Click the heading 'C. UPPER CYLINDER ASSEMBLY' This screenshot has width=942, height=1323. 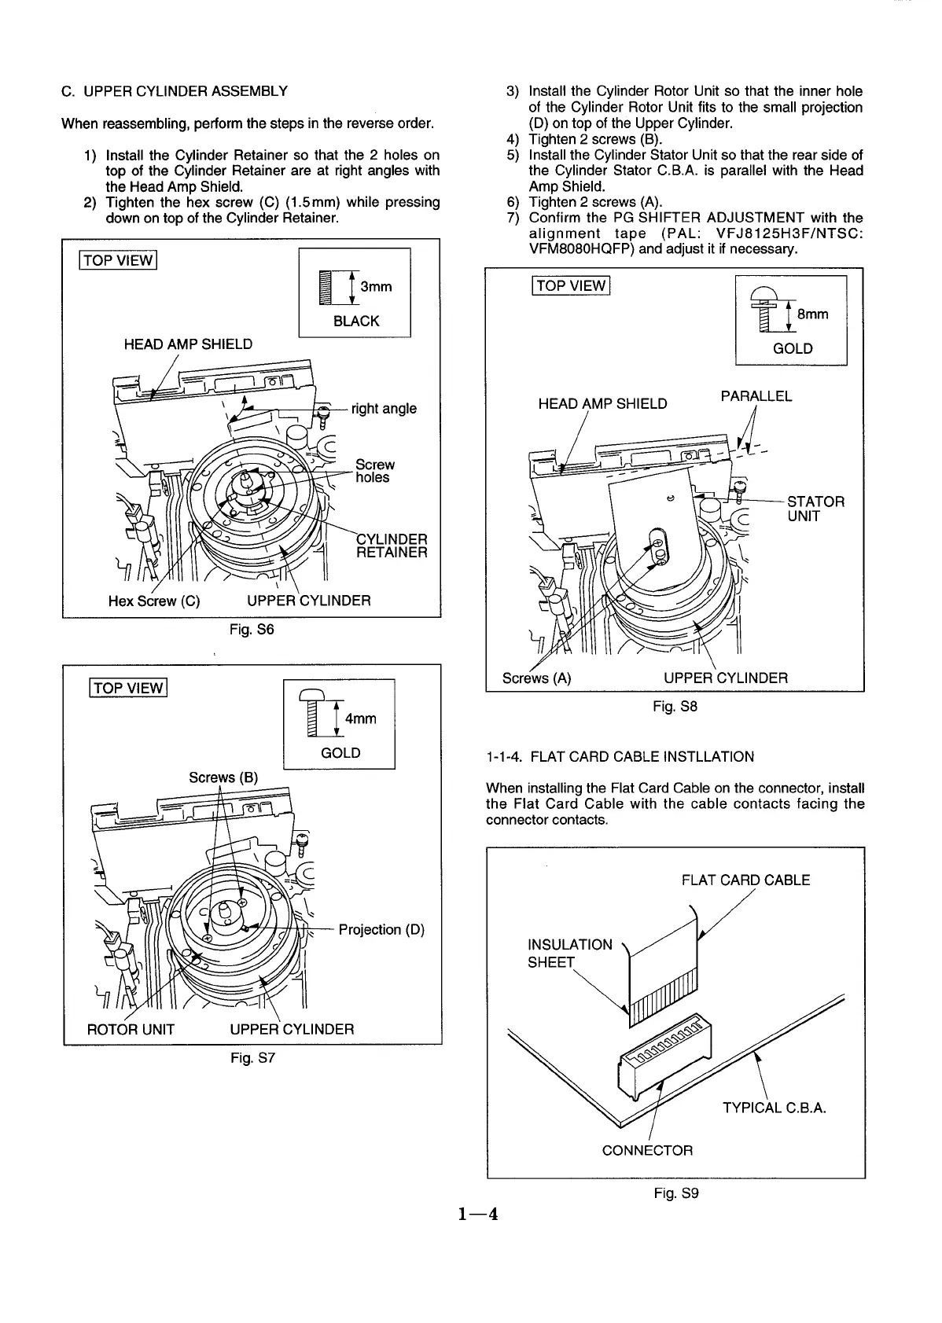point(175,90)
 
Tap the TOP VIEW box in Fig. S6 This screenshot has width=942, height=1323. point(118,260)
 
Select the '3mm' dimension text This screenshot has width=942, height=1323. point(376,286)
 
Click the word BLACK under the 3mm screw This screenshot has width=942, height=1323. point(356,321)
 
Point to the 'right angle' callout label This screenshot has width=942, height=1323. point(384,408)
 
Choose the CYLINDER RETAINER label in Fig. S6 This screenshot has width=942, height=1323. point(392,546)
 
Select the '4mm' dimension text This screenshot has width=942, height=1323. point(360,718)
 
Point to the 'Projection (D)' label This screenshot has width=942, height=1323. point(381,929)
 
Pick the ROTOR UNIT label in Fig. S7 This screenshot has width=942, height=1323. point(131,1028)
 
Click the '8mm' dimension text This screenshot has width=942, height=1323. point(812,314)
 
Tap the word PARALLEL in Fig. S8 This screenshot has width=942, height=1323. point(756,396)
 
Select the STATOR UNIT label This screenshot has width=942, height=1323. point(815,509)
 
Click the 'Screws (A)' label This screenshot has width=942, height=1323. point(536,678)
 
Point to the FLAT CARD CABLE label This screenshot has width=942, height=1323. point(745,880)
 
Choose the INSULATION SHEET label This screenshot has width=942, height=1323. point(569,953)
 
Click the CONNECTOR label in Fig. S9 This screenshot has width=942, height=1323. point(647,1150)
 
